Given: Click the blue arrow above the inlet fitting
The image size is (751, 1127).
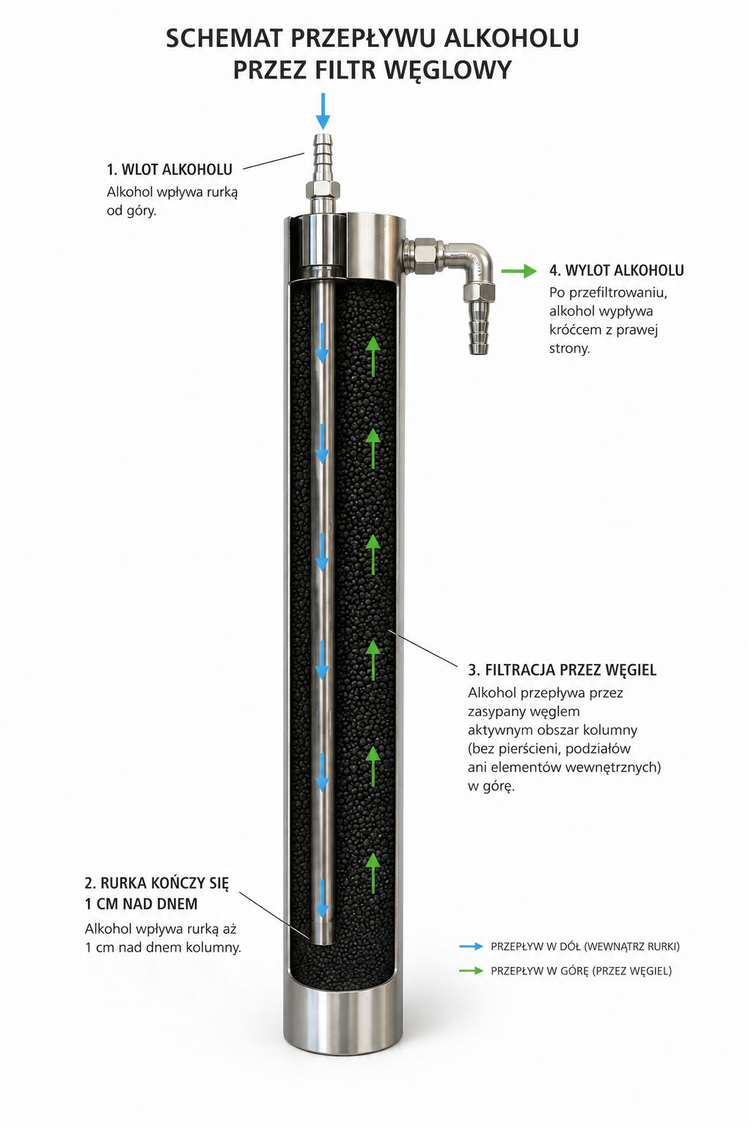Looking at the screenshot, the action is pos(323,112).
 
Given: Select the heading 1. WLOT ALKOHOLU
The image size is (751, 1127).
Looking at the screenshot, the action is pos(169,169).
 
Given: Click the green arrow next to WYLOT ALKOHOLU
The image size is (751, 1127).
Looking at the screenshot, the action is pos(519,271).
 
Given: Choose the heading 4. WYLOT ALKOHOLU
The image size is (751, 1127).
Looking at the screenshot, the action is pos(616,270).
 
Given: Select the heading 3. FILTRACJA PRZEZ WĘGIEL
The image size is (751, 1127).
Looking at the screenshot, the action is pos(562,670).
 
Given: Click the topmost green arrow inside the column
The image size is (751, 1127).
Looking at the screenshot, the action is pos(373,356).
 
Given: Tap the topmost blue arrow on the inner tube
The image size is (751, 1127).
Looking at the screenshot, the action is pos(322,343).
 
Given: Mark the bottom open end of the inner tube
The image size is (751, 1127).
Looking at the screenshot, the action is pos(322,943).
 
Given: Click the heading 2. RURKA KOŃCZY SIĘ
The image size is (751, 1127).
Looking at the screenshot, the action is pos(156,883).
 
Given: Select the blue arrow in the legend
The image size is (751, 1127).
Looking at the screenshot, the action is pos(471,947).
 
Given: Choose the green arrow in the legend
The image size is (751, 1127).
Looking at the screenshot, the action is pos(471,971).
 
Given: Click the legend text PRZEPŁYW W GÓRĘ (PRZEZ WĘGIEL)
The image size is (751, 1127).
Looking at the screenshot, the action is pos(581,971).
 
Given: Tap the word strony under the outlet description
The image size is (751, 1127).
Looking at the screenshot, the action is pos(569,349).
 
